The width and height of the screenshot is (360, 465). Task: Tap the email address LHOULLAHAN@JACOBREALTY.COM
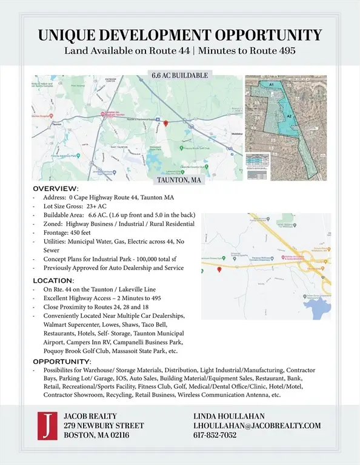256,426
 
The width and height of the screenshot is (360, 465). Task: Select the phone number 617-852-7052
215,435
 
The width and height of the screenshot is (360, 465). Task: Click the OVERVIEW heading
55,189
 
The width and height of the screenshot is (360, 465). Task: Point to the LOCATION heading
53,280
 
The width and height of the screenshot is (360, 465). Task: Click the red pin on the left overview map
165,123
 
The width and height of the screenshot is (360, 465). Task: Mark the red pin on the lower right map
219,269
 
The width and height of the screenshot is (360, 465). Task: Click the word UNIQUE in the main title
67,35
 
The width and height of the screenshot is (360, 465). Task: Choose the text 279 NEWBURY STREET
104,426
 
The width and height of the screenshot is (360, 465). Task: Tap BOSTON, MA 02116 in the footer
96,435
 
